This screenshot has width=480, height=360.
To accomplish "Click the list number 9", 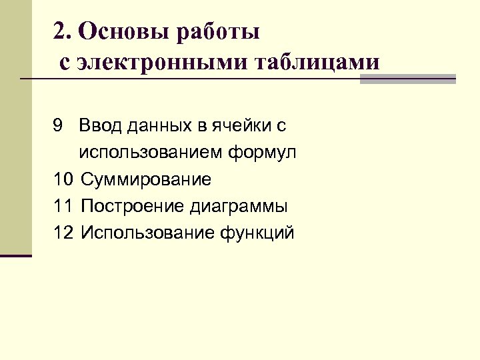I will pos(58,125).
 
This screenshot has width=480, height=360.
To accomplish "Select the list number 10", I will pos(63,179).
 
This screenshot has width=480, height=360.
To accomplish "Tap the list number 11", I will pos(63,206).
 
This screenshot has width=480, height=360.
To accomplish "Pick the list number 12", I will pos(63,233).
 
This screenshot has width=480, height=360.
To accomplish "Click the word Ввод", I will pos(97,125).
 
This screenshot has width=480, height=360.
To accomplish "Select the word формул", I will pos(263,153).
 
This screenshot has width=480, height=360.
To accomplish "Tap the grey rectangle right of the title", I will pos(407,79).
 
